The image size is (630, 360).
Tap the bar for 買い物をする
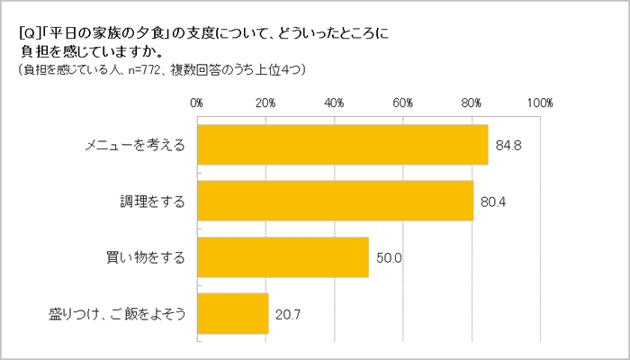(283, 258)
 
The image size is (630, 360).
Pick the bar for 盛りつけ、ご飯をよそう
(232, 314)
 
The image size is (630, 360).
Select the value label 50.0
(387, 258)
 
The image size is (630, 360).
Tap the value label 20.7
(286, 314)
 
